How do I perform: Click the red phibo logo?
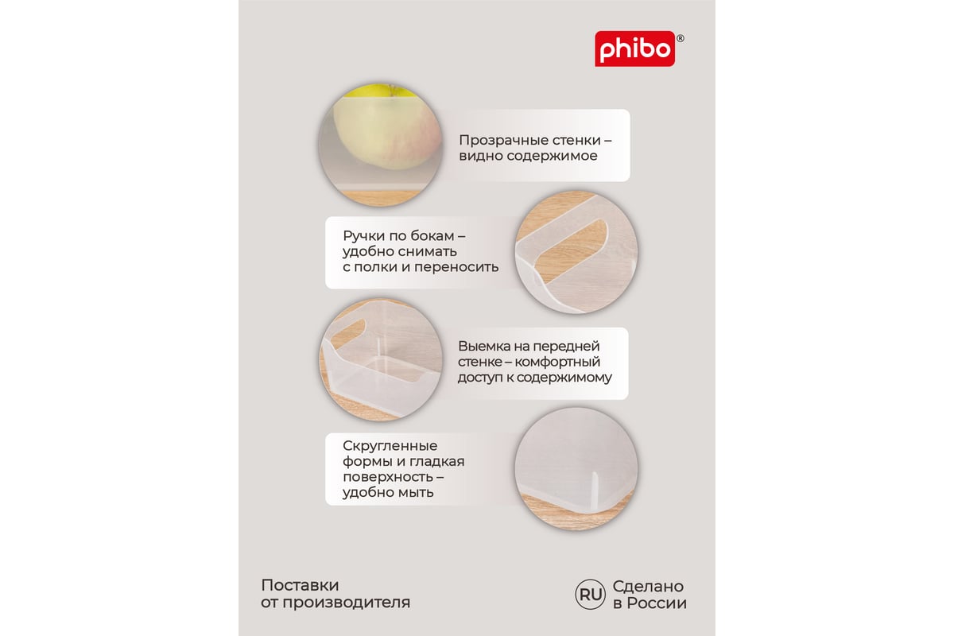pyautogui.click(x=634, y=48)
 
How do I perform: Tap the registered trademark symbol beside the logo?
pyautogui.click(x=681, y=39)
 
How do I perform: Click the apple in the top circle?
pyautogui.click(x=386, y=127)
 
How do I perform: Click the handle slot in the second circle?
pyautogui.click(x=572, y=251)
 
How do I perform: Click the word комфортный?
pyautogui.click(x=557, y=362)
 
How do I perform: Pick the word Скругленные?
pyautogui.click(x=390, y=446)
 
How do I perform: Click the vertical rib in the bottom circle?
pyautogui.click(x=595, y=493)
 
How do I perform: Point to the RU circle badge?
pyautogui.click(x=590, y=594)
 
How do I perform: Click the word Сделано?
pyautogui.click(x=648, y=587)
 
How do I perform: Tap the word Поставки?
pyautogui.click(x=300, y=586)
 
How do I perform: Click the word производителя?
pyautogui.click(x=347, y=603)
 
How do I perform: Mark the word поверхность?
pyautogui.click(x=388, y=478)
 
